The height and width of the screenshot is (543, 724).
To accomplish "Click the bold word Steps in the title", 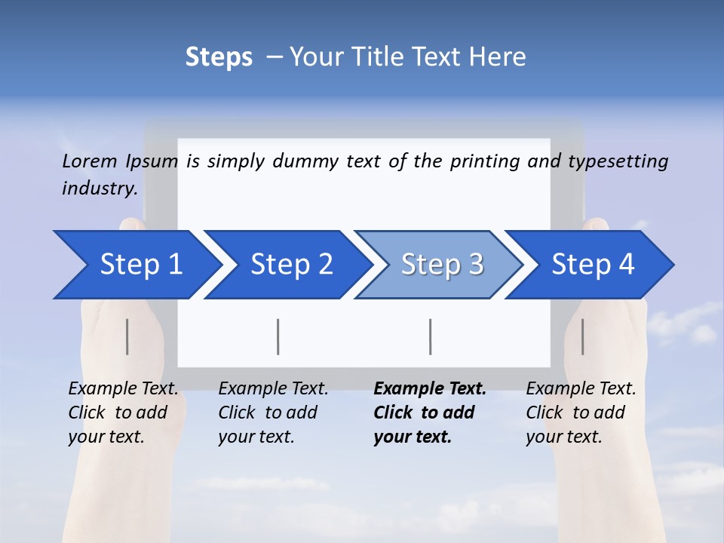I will coord(219,57).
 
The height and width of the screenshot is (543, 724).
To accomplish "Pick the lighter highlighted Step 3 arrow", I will coord(442,265).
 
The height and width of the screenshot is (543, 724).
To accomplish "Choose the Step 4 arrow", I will coord(593,265).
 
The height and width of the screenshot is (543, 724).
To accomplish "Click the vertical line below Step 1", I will coord(127,336).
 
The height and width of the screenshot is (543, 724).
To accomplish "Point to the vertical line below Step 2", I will coord(278,336).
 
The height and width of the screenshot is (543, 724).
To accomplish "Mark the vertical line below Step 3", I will coord(430,336).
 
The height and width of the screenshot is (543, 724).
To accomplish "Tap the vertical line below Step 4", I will coord(582,336).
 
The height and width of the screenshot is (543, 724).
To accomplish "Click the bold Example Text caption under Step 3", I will coord(430,413).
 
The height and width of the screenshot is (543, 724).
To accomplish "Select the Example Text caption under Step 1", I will coord(123,413).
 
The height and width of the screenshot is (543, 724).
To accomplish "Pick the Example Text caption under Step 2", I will coord(273,413).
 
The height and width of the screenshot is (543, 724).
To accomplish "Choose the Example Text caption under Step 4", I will coord(581,413).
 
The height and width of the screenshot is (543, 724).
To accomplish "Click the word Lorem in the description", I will coord(89,161).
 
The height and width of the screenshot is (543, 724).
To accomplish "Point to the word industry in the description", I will coord(100,189).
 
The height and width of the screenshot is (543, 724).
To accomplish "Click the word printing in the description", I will coord(478,161).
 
